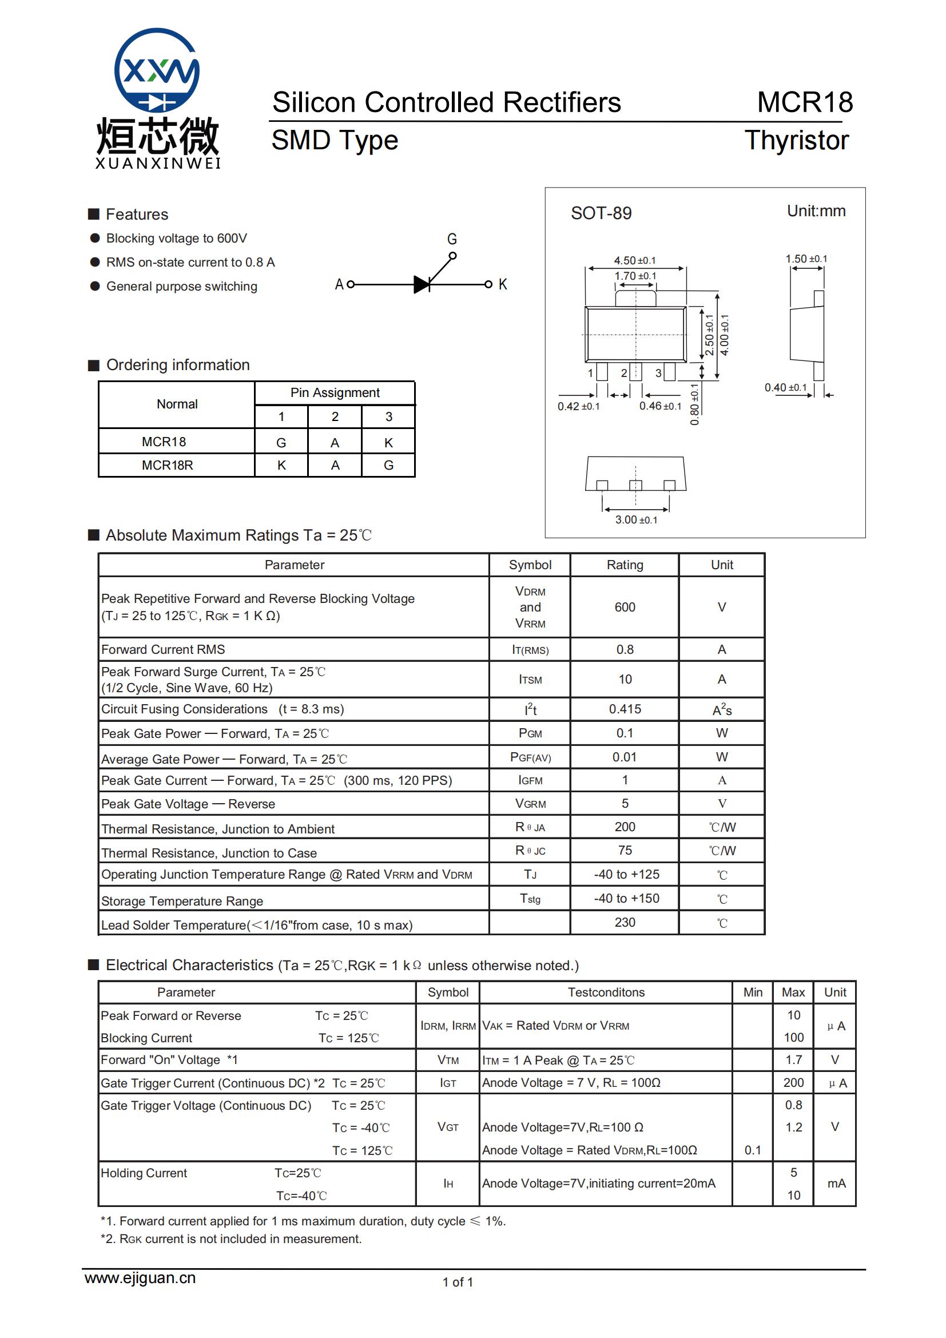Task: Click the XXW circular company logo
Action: point(157,70)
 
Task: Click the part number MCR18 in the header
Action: point(805,102)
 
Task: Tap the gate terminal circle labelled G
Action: point(452,255)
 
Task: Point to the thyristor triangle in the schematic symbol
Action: point(422,284)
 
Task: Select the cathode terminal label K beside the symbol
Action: point(502,284)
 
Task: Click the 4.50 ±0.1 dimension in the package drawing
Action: point(634,260)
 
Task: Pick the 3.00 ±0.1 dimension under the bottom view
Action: point(636,519)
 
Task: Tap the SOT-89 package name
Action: point(601,213)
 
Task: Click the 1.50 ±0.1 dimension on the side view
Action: point(806,259)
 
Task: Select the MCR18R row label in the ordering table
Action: point(167,465)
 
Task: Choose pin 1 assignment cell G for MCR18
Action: point(281,443)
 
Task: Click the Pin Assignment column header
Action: point(335,393)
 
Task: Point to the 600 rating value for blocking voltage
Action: point(625,608)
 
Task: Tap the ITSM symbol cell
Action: point(530,680)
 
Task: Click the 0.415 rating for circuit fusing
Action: point(625,709)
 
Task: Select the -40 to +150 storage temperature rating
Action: point(626,898)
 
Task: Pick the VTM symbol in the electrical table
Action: point(448,1060)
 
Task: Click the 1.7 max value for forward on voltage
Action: point(793,1060)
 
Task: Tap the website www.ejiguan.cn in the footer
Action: point(140,1278)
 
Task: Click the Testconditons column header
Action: point(606,992)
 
